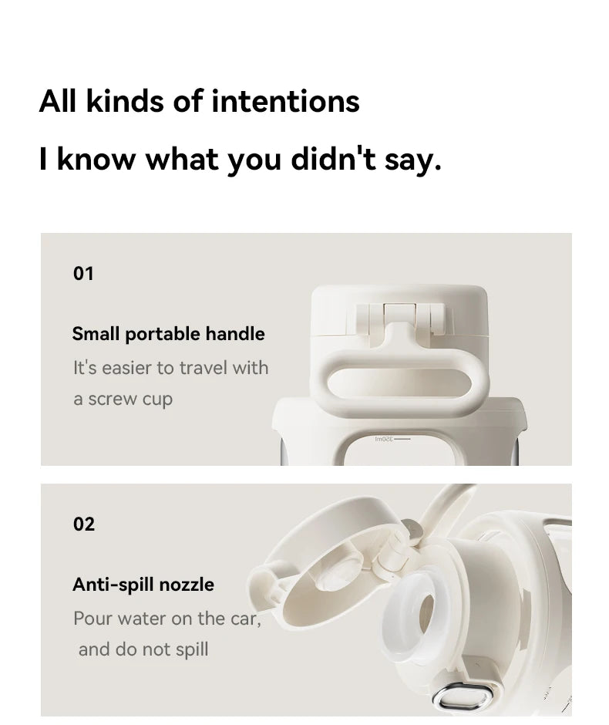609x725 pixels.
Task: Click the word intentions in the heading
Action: [285, 101]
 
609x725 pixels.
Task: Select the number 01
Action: [83, 273]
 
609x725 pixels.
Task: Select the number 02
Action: [83, 524]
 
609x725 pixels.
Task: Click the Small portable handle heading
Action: [168, 334]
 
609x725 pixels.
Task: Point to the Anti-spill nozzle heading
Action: [143, 584]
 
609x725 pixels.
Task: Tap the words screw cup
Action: [130, 400]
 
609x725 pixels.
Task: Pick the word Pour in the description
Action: [93, 618]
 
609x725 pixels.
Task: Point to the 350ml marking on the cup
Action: [384, 439]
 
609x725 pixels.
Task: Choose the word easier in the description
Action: [127, 368]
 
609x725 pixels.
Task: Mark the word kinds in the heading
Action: [125, 101]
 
